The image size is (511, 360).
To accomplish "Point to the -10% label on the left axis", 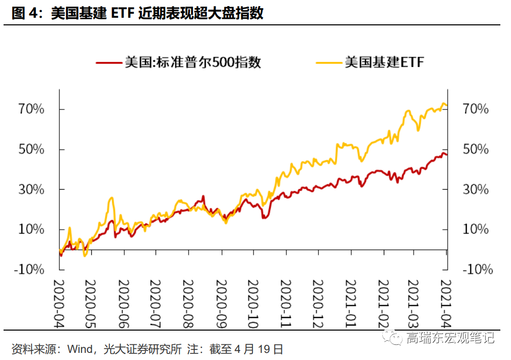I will click(32, 269).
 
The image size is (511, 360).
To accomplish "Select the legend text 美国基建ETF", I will click(383, 62).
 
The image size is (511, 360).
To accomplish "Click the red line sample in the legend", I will click(109, 63).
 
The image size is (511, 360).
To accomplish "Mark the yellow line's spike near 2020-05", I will click(112, 198).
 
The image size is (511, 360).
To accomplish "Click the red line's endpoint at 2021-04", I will click(446, 155).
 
